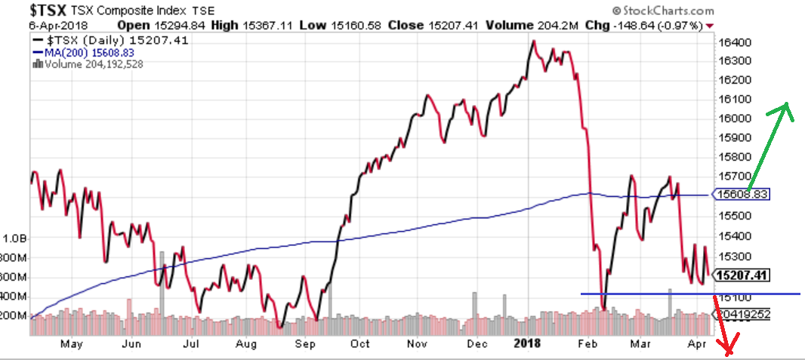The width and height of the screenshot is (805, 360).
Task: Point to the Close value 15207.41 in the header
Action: coord(452,26)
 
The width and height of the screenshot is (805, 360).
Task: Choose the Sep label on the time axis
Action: coord(305,345)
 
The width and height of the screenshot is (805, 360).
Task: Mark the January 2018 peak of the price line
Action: coord(533,41)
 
